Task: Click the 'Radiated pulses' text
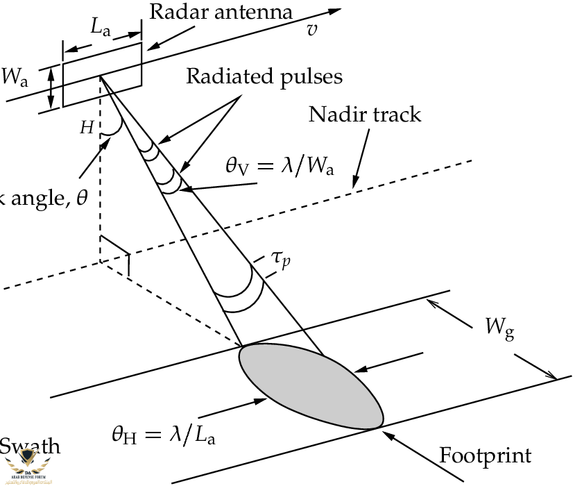(x=264, y=76)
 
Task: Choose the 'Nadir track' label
(x=365, y=113)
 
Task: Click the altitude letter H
(x=87, y=127)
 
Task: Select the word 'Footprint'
(x=486, y=456)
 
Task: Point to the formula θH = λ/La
(x=170, y=435)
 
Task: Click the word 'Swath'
(x=28, y=446)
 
